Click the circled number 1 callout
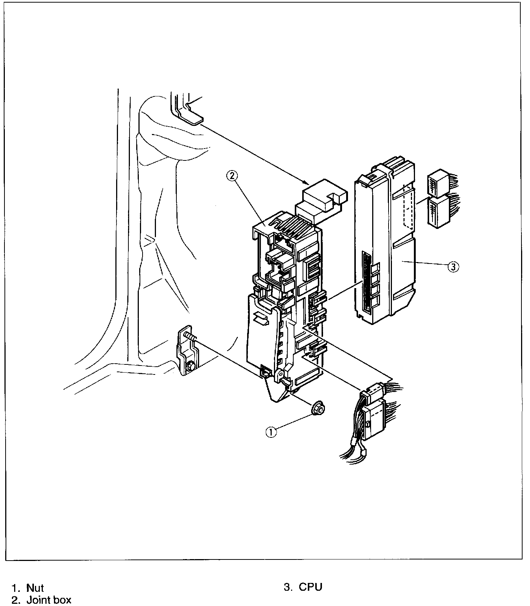point(271,432)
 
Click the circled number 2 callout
point(232,176)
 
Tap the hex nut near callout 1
point(318,408)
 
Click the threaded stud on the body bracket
point(190,337)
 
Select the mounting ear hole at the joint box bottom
point(282,373)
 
